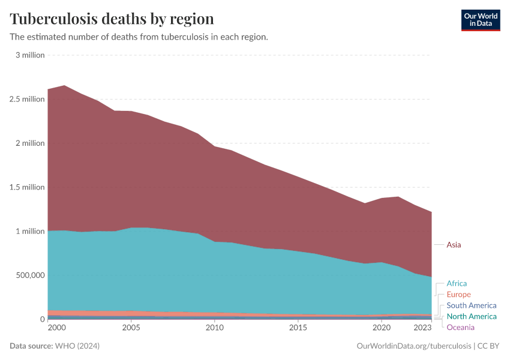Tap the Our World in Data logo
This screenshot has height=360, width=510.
[480, 20]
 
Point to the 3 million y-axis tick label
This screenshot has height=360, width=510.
[30, 55]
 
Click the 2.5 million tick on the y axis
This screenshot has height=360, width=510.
[27, 99]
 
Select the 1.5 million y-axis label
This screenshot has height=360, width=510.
[27, 187]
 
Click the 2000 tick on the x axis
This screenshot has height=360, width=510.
[56, 328]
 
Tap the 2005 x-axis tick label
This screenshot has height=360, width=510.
[131, 328]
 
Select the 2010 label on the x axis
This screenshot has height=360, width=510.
[214, 328]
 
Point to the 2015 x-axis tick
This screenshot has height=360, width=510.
[298, 328]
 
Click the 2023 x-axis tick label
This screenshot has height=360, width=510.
[422, 328]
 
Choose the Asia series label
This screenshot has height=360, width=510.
[454, 245]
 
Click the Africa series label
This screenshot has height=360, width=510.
[456, 283]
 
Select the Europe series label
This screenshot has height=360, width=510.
[458, 295]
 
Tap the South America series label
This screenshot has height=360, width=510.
[471, 305]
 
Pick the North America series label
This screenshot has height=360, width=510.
[471, 316]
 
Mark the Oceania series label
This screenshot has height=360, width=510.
[460, 327]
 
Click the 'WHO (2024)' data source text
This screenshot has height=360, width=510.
[77, 346]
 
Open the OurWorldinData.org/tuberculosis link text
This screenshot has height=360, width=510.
[414, 346]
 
